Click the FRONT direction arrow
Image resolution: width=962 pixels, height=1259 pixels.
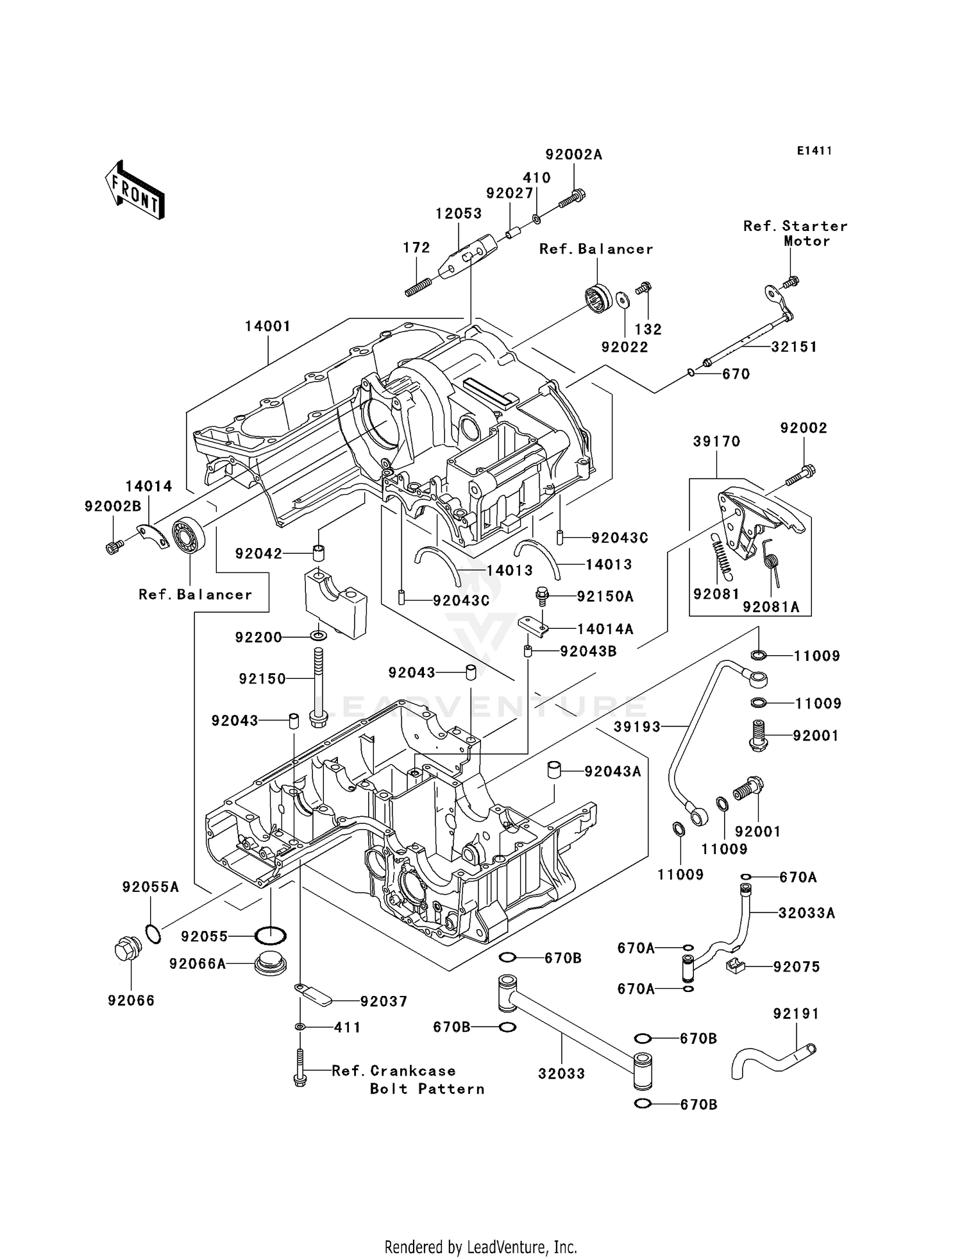135,190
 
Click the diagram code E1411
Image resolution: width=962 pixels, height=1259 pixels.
814,151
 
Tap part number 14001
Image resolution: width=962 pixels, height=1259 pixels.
268,326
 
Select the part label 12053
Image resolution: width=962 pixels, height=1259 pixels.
459,214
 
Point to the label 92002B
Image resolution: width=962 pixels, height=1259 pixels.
113,506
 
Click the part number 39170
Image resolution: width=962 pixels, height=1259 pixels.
716,441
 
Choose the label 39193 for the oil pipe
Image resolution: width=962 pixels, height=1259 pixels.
637,726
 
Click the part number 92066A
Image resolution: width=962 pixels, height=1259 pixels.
198,964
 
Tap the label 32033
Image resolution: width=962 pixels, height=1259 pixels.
561,1074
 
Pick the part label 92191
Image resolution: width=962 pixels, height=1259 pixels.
797,1014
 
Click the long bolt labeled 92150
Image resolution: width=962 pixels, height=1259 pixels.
317,687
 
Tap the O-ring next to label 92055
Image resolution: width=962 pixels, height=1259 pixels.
271,936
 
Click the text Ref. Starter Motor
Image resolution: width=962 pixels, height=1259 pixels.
795,234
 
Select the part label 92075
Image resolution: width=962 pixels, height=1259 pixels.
797,967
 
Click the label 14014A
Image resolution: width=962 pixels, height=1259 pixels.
605,629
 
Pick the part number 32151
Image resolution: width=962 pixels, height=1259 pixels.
794,347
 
